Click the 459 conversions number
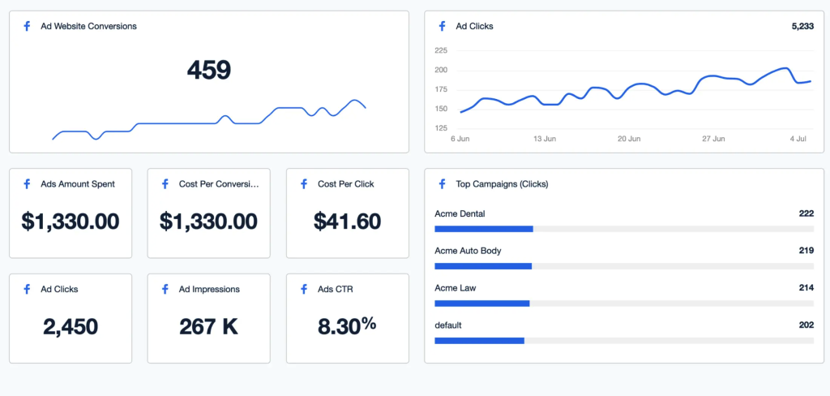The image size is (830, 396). [209, 71]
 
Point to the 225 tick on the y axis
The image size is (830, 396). [441, 50]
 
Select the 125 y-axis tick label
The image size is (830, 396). [441, 128]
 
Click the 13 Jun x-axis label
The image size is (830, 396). [545, 139]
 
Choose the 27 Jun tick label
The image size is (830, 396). [713, 139]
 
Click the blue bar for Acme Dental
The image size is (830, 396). [484, 229]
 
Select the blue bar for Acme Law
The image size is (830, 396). [482, 303]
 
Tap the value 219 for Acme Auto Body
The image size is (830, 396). [806, 251]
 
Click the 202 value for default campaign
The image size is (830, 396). [806, 325]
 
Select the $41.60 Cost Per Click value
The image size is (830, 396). [347, 221]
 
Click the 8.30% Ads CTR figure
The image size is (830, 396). [346, 326]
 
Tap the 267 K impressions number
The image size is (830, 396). [208, 327]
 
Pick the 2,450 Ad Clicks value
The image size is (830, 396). [70, 327]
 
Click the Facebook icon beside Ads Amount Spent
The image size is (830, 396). [27, 184]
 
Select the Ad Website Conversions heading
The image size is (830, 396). [88, 26]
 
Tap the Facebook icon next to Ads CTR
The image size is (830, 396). [304, 289]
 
